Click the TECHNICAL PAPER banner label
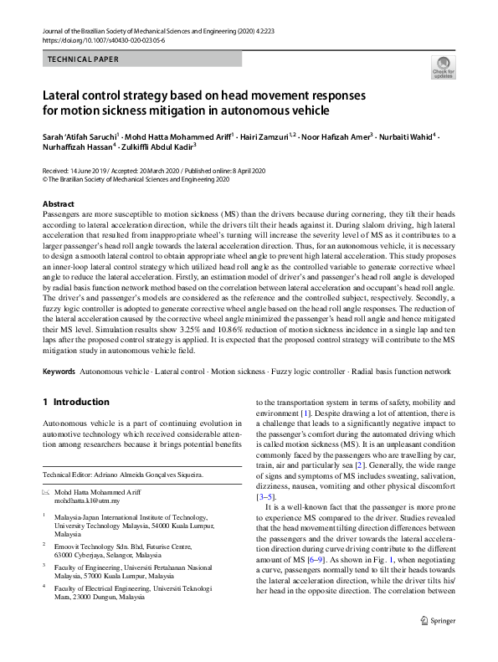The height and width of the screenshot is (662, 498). pyautogui.click(x=83, y=59)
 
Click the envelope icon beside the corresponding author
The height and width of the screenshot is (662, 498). pyautogui.click(x=47, y=492)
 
